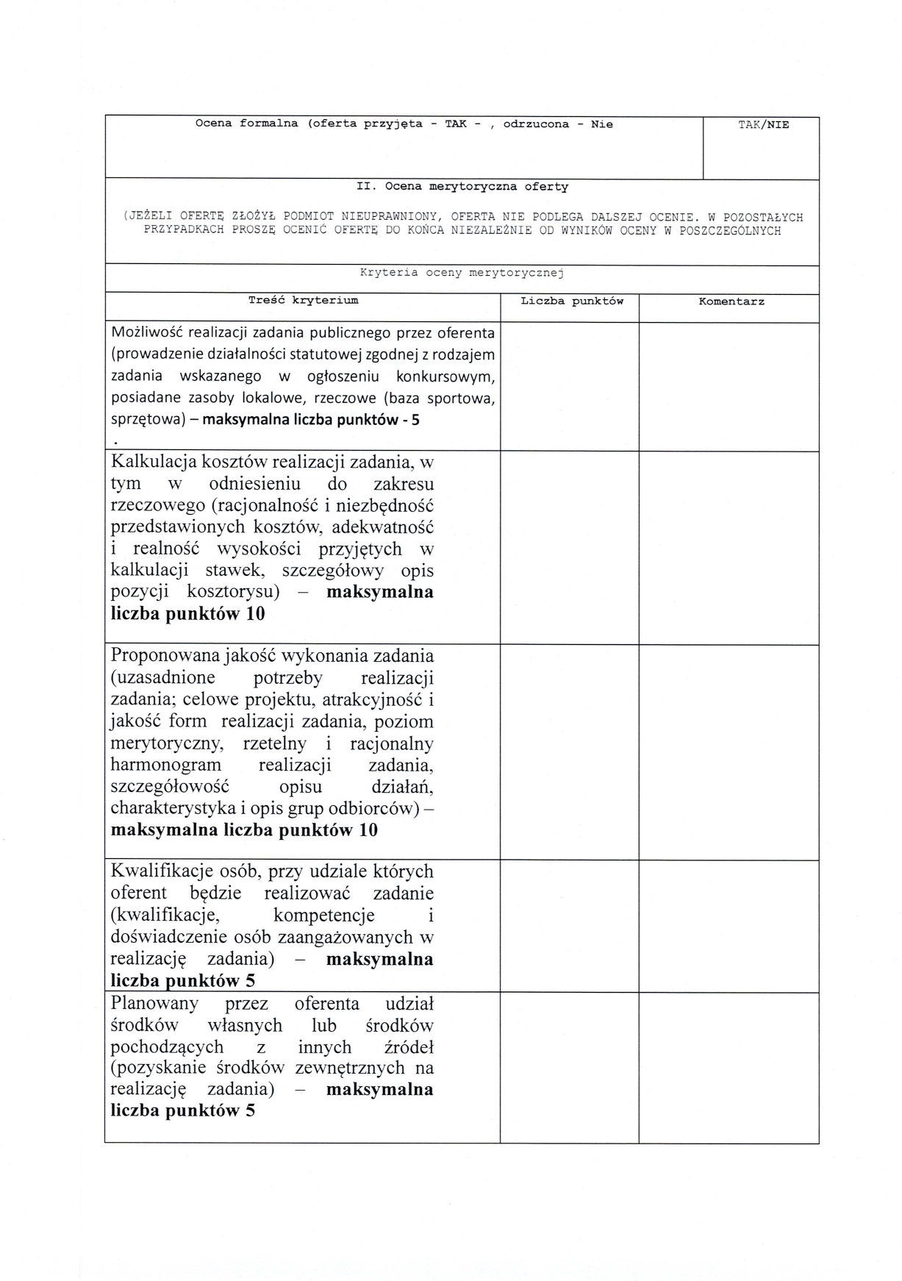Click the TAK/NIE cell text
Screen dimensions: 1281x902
click(x=763, y=125)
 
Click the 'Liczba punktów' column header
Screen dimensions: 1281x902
click(x=571, y=301)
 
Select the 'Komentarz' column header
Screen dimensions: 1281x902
click(x=731, y=301)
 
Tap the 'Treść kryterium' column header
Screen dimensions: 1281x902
click(x=303, y=300)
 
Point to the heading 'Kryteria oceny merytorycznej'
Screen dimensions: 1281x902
click(x=461, y=273)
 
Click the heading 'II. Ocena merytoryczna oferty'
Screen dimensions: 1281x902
click(x=462, y=187)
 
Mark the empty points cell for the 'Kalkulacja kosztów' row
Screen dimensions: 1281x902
click(x=569, y=547)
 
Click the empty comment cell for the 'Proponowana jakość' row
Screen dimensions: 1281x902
click(x=729, y=752)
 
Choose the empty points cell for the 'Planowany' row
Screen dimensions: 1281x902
click(x=569, y=1067)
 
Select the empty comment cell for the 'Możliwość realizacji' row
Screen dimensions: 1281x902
click(x=729, y=386)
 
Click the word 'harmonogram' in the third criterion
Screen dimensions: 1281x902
click(x=165, y=765)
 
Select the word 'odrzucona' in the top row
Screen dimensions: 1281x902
click(x=536, y=124)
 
